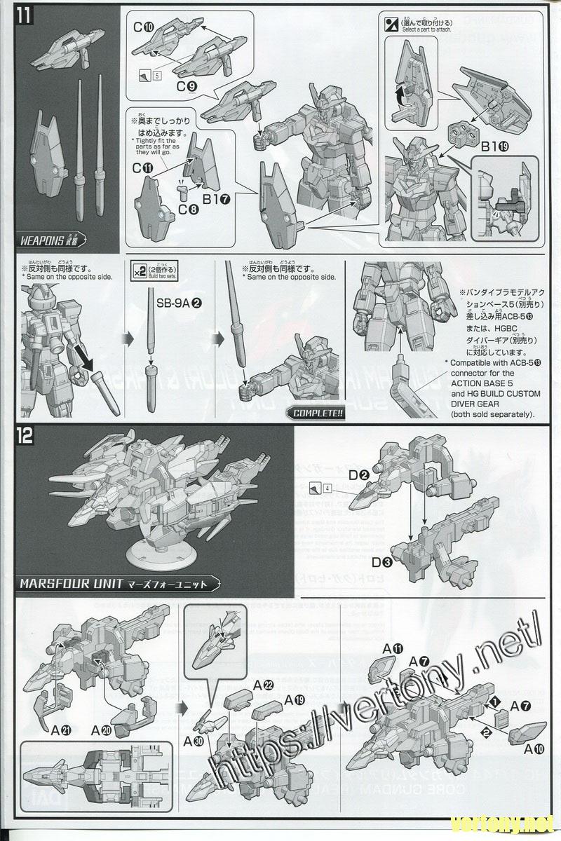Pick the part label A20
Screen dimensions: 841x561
(x=102, y=730)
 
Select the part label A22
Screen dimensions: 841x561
(x=264, y=685)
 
